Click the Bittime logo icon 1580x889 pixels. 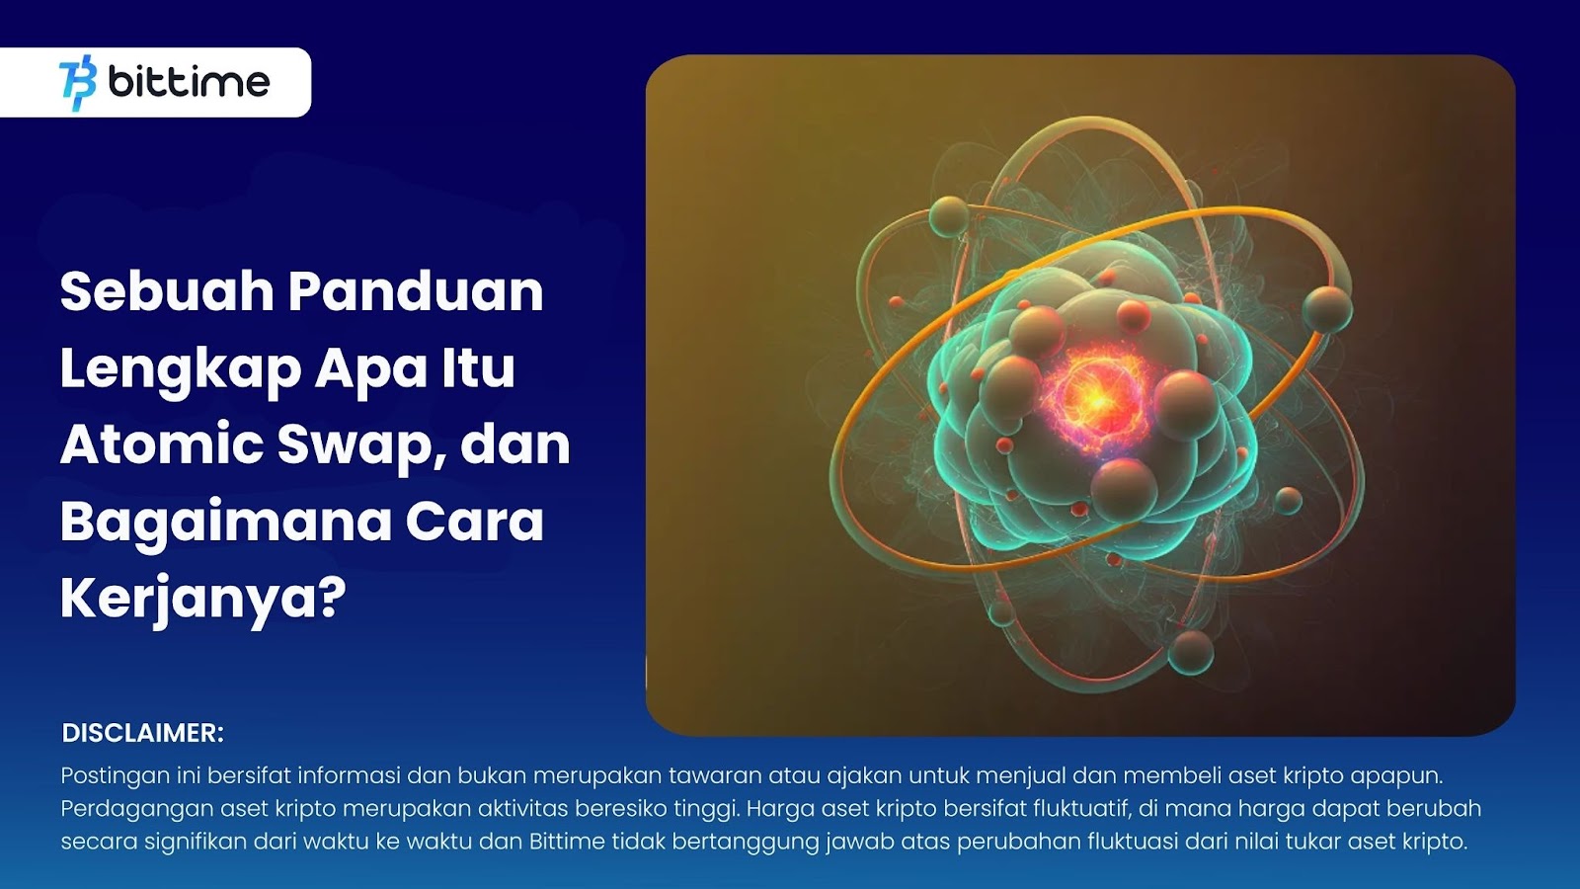coord(78,83)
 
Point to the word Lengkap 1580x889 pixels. coord(182,369)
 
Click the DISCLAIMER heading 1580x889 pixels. coord(143,733)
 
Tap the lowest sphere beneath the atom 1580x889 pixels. coord(1191,652)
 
